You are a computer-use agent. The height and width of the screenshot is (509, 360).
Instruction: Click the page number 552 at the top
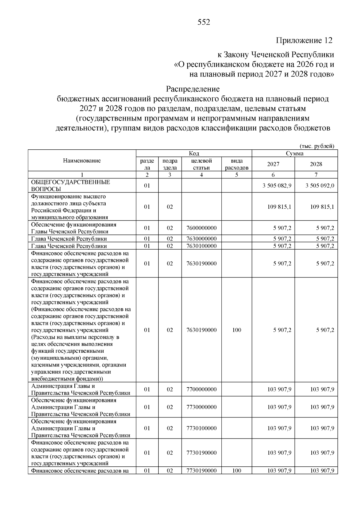click(204, 22)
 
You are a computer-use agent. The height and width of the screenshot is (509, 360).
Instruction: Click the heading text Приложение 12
click(304, 40)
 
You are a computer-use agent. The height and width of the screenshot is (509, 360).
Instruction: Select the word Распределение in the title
click(193, 89)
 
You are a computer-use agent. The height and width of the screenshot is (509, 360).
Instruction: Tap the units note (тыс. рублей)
click(317, 146)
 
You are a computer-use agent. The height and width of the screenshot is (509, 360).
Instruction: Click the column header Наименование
click(82, 160)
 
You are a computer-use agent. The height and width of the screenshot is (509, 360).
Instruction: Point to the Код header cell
click(194, 153)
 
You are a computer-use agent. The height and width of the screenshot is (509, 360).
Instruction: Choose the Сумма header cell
click(294, 153)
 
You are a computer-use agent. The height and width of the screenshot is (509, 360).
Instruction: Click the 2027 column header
click(273, 164)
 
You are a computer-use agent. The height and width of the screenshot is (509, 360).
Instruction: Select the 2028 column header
click(316, 164)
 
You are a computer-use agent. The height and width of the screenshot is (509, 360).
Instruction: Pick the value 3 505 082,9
click(277, 186)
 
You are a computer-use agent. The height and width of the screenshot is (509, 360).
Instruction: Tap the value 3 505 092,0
click(320, 186)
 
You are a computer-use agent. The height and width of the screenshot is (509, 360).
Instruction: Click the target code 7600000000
click(201, 228)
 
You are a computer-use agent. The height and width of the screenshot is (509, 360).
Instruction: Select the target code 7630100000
click(201, 246)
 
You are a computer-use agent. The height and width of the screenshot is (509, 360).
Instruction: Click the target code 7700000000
click(201, 389)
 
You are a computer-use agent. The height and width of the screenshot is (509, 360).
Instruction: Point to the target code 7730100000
click(201, 428)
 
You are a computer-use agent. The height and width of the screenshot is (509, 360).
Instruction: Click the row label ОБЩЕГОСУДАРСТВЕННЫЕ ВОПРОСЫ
click(70, 185)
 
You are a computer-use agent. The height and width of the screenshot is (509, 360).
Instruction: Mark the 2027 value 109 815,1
click(279, 207)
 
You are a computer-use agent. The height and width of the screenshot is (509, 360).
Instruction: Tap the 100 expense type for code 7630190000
click(236, 330)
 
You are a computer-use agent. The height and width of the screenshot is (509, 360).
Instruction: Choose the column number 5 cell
click(236, 175)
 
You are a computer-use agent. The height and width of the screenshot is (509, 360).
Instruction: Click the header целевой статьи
click(201, 164)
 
